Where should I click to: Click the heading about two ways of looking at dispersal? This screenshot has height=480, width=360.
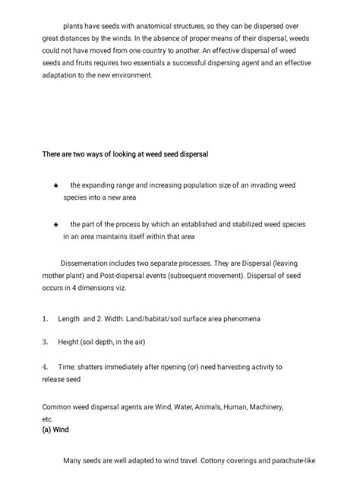point(125,155)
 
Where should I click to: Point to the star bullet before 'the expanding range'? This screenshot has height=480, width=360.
point(55,185)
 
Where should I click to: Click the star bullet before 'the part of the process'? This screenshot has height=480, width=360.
point(55,226)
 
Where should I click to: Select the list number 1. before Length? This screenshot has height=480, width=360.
point(46,319)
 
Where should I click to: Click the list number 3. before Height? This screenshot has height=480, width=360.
point(46,342)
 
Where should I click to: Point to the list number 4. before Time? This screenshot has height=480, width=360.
point(46,366)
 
